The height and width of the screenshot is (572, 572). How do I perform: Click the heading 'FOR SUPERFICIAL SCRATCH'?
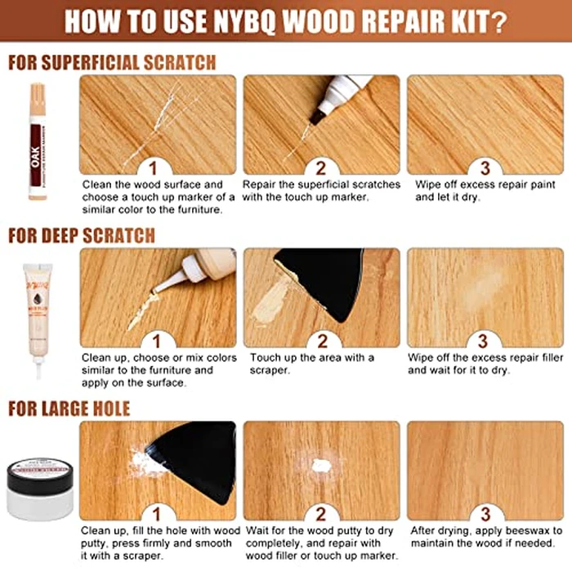[x=112, y=62]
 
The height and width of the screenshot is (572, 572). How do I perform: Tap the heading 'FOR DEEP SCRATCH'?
[x=81, y=235]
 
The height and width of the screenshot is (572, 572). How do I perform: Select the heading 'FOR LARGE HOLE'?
[x=69, y=408]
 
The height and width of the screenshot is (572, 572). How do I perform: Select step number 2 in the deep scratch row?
[x=321, y=339]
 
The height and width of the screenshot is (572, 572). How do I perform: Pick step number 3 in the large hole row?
[x=485, y=512]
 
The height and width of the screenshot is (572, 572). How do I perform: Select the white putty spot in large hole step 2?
[x=321, y=466]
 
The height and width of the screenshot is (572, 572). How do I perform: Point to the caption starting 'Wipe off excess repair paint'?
[x=478, y=190]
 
